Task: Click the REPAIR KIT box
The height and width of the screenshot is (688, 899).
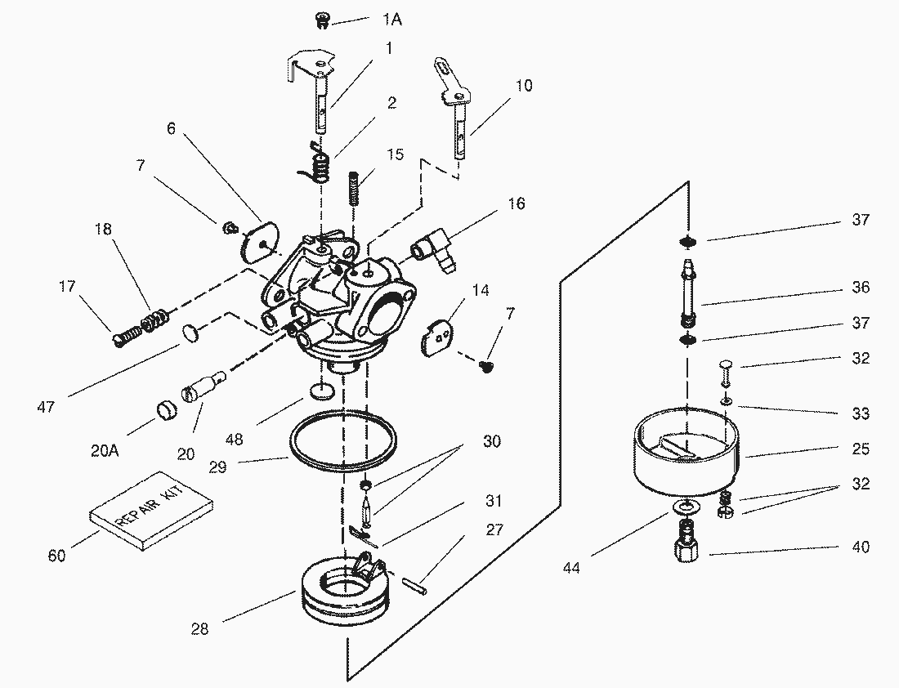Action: [x=151, y=510]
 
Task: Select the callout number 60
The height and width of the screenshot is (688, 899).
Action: [x=56, y=555]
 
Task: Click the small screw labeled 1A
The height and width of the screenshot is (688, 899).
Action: [x=323, y=21]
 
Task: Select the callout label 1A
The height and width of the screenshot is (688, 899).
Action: [x=392, y=20]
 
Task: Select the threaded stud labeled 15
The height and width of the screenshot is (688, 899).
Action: [x=356, y=187]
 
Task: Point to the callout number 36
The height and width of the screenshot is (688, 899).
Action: [x=861, y=287]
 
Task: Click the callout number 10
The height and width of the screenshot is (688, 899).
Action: [x=523, y=86]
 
